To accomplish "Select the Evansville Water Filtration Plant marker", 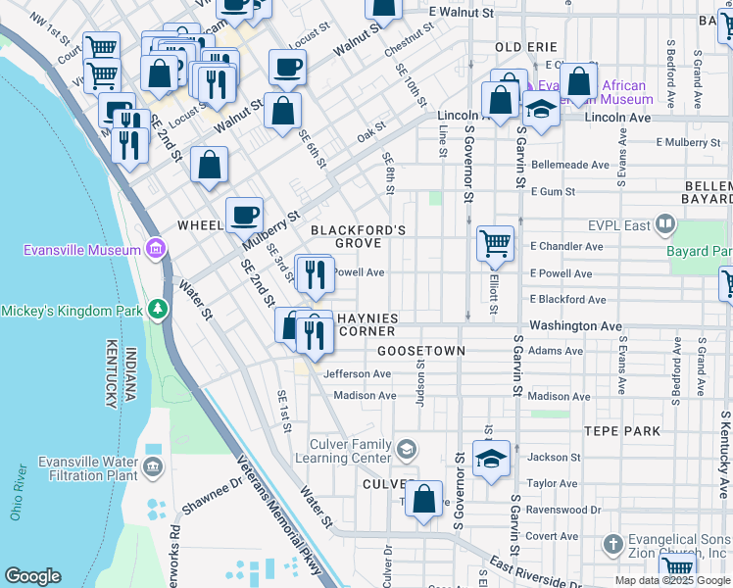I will [153, 467].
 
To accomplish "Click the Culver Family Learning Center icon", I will [407, 450].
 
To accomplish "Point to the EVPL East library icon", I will [665, 225].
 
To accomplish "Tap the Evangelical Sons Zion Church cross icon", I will [613, 543].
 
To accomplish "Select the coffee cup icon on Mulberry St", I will [244, 215].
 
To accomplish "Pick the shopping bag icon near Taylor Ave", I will [423, 498].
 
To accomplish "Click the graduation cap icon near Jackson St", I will [490, 458].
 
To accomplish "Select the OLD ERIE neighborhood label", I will [526, 47].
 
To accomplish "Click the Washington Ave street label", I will [575, 325].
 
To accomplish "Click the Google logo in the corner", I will [32, 576].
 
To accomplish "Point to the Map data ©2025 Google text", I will [671, 580].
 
